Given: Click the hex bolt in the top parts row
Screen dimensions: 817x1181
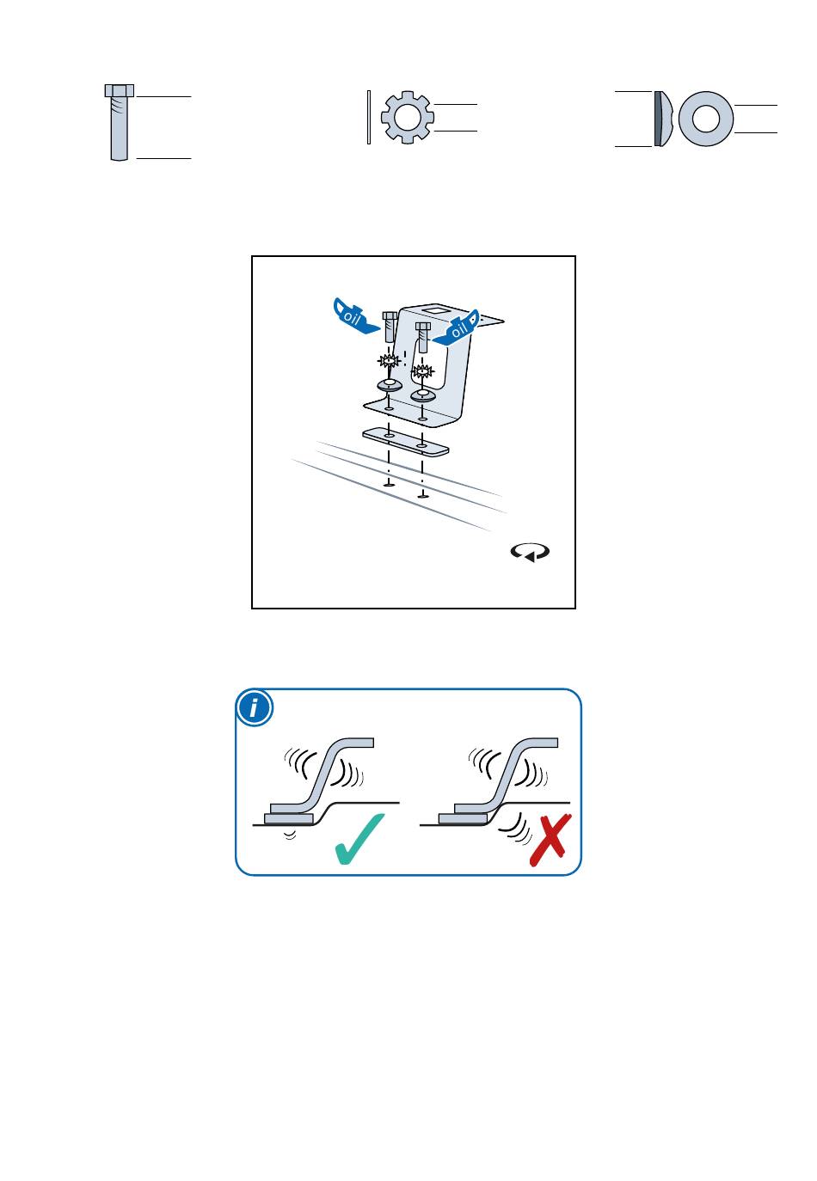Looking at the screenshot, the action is tap(119, 122).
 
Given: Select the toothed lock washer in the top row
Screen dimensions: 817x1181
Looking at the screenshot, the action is tap(407, 117).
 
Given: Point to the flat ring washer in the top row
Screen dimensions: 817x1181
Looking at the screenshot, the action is tap(705, 118).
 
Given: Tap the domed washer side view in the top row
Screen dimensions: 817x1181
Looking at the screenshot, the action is tap(662, 119).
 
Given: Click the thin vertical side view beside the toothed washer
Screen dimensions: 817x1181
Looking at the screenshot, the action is tap(369, 117).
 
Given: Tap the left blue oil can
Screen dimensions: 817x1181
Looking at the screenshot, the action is tap(354, 316).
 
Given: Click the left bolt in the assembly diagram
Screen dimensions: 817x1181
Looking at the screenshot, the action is tap(389, 327).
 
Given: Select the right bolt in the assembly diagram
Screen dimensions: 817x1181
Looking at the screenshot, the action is tap(422, 336).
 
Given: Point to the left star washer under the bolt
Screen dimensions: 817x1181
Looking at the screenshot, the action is tap(389, 361).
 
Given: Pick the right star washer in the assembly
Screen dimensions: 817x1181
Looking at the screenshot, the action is tap(422, 371).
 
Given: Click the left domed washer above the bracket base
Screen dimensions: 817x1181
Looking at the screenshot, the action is tap(389, 384).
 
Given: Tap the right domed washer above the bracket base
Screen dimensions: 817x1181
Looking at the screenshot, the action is tap(422, 395).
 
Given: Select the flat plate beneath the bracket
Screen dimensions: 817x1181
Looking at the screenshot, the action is tap(405, 441).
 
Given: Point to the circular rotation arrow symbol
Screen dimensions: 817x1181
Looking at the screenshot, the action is tap(530, 552).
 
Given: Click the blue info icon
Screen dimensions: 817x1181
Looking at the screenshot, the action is tap(255, 707).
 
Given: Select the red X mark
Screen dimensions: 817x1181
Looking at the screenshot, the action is tap(550, 840).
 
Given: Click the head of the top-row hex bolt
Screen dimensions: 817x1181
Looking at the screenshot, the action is tap(120, 90).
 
